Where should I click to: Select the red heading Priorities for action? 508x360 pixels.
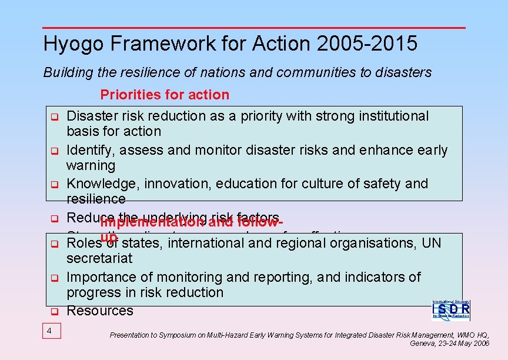[165, 95]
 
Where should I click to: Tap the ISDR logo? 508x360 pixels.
[451, 309]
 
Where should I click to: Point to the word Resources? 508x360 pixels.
[100, 311]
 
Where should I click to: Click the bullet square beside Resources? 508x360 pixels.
[52, 311]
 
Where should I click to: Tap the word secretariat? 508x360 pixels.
[99, 258]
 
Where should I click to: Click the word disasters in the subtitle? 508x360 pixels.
[406, 72]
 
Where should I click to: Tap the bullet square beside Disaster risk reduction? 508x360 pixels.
[52, 117]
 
